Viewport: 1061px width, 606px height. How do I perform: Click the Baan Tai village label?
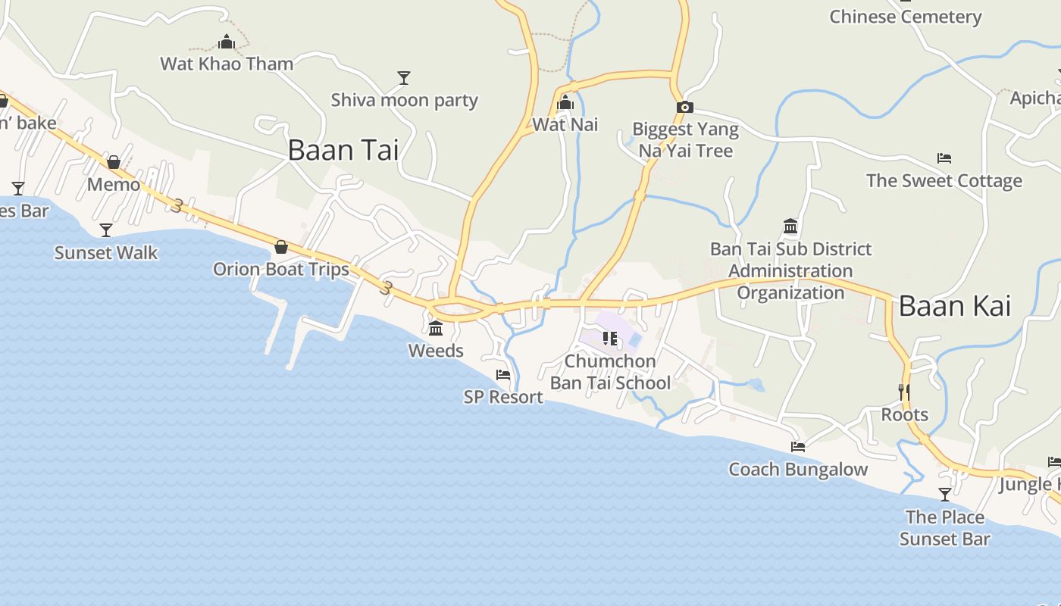343,150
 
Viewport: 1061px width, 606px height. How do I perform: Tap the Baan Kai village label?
954,306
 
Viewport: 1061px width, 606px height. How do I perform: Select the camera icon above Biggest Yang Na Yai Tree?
684,108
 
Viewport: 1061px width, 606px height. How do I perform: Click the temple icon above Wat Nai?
565,103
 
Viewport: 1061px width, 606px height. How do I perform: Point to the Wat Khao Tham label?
227,64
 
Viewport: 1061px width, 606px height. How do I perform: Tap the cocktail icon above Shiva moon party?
404,78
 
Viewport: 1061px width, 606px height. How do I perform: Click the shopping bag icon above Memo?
114,162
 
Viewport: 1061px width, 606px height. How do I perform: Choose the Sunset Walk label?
106,253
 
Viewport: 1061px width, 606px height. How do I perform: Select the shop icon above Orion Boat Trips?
281,247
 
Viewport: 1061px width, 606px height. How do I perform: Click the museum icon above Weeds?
436,329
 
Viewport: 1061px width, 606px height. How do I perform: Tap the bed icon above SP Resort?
503,375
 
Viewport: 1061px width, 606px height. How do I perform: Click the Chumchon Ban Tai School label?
610,372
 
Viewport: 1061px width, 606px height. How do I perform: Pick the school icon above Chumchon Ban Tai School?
610,339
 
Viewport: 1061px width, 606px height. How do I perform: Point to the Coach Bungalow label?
798,470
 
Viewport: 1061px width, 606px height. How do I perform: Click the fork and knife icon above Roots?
904,392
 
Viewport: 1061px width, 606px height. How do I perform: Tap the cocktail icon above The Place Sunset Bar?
945,495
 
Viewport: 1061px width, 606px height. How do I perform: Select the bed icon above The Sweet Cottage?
944,158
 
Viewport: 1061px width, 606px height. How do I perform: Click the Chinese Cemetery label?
905,17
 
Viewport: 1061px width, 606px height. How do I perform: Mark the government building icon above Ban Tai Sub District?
790,226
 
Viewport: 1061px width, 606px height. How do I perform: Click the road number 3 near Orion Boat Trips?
387,288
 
